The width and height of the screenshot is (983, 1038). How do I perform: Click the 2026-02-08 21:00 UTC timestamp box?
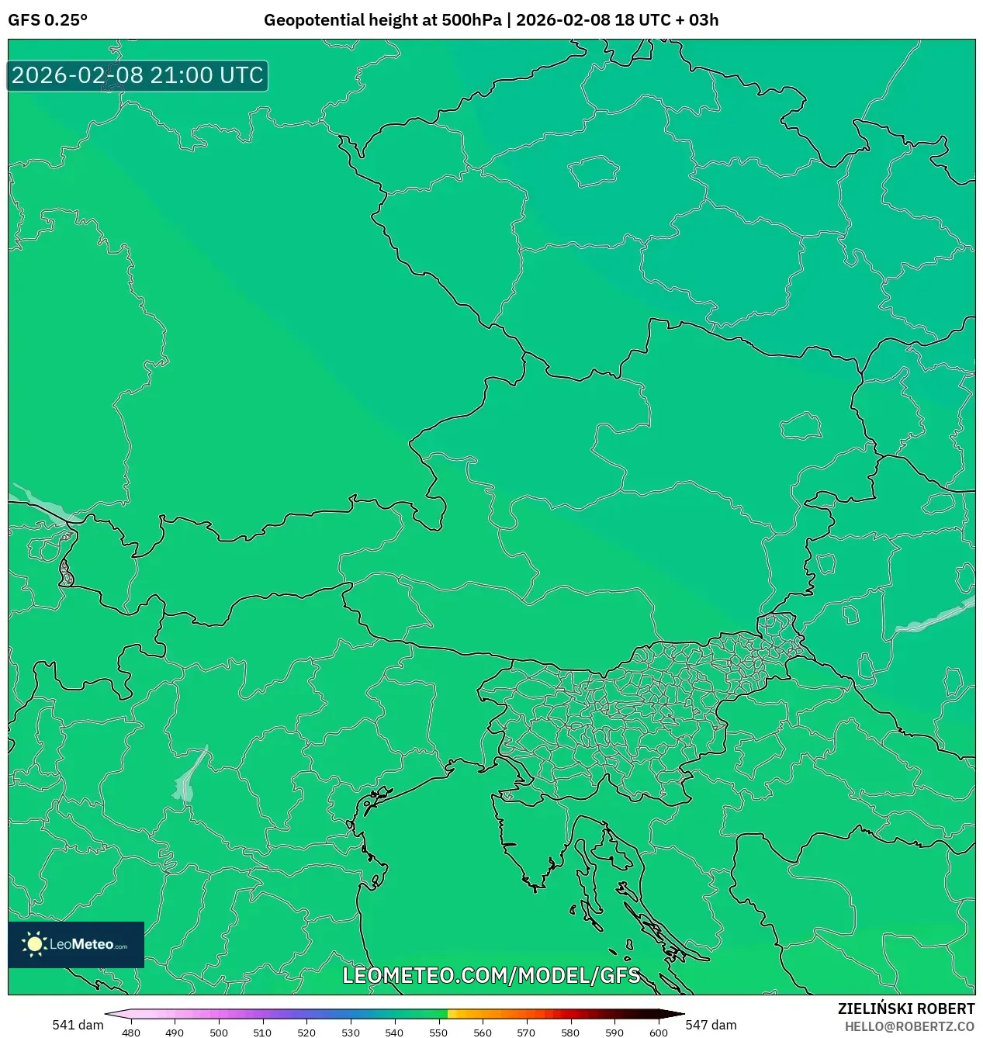click(x=137, y=75)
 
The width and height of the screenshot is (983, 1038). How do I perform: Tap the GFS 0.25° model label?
click(x=47, y=20)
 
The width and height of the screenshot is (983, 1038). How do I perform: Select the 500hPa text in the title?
click(x=471, y=20)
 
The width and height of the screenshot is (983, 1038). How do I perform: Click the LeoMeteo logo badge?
click(x=76, y=944)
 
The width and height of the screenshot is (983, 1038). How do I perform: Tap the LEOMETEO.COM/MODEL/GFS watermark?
click(x=491, y=975)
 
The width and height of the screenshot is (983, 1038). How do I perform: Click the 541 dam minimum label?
click(x=78, y=1025)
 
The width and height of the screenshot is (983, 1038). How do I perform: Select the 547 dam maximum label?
click(x=711, y=1025)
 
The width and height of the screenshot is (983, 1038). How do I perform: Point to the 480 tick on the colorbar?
click(x=131, y=1032)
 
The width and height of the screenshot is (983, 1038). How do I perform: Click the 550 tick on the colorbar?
click(x=438, y=1032)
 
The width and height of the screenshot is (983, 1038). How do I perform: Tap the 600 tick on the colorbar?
click(x=658, y=1032)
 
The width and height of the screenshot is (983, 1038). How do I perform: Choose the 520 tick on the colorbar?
click(x=306, y=1032)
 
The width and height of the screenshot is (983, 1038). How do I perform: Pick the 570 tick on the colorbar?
click(x=526, y=1032)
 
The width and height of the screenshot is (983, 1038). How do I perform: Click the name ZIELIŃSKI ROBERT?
click(x=905, y=1009)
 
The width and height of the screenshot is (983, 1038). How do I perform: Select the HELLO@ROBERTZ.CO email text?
click(x=909, y=1026)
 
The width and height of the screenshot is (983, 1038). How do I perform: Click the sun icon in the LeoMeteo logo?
click(x=34, y=944)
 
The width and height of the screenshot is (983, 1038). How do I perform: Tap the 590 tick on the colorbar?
click(x=614, y=1032)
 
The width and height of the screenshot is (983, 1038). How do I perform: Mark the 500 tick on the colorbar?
click(x=219, y=1032)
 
